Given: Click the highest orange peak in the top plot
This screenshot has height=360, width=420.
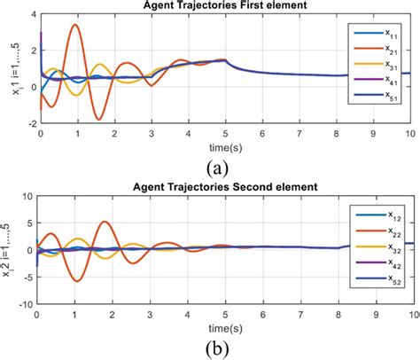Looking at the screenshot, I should pos(76,26).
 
